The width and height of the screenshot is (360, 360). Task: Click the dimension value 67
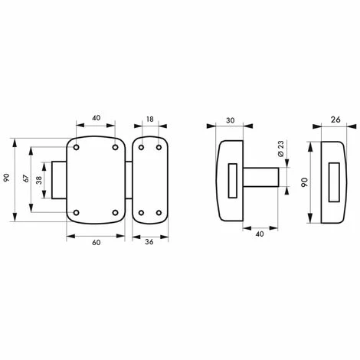coord(26,178)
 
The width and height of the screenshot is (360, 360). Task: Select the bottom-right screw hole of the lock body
coord(116,211)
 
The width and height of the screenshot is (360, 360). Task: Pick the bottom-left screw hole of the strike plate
coord(141,211)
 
